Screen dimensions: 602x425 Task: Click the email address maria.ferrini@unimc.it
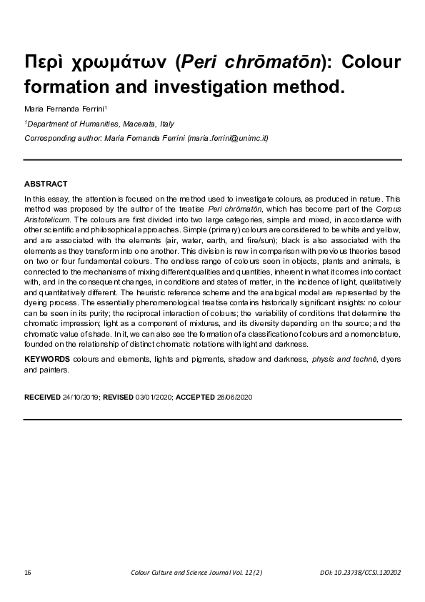(x=227, y=137)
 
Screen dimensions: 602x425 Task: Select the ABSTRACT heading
(x=46, y=184)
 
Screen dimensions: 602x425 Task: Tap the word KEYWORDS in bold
(x=47, y=357)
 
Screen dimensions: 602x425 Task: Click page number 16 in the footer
(x=27, y=573)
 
